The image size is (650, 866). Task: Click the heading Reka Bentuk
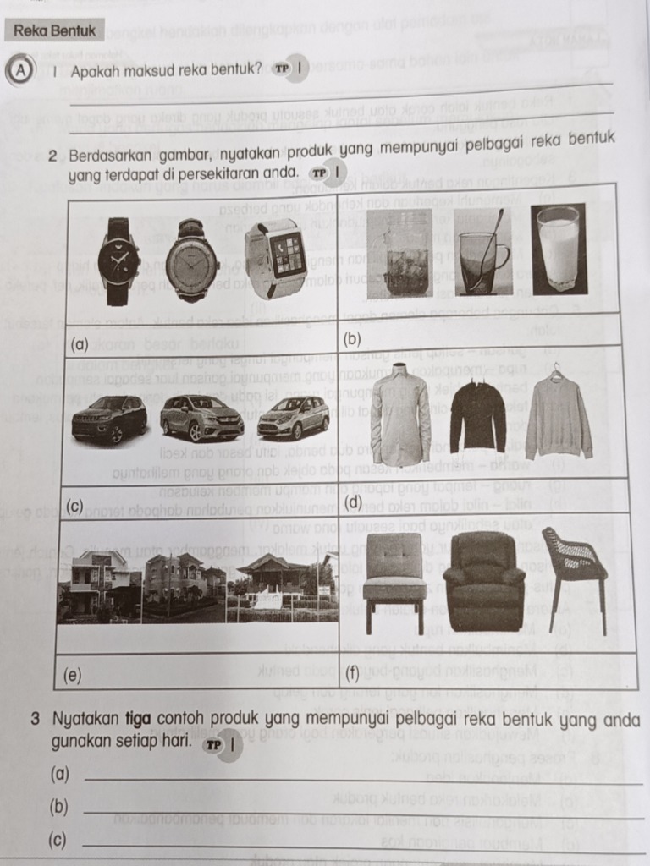coord(55,30)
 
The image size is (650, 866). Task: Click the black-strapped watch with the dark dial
coord(118,262)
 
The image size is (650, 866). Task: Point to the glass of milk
coord(558,249)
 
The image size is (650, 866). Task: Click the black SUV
coord(109,418)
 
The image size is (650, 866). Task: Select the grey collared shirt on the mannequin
coord(399,417)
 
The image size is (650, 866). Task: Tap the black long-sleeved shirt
coord(477,416)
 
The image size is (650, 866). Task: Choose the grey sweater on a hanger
coord(558,414)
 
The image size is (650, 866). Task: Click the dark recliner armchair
coord(484,581)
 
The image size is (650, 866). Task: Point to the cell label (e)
coord(74,675)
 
